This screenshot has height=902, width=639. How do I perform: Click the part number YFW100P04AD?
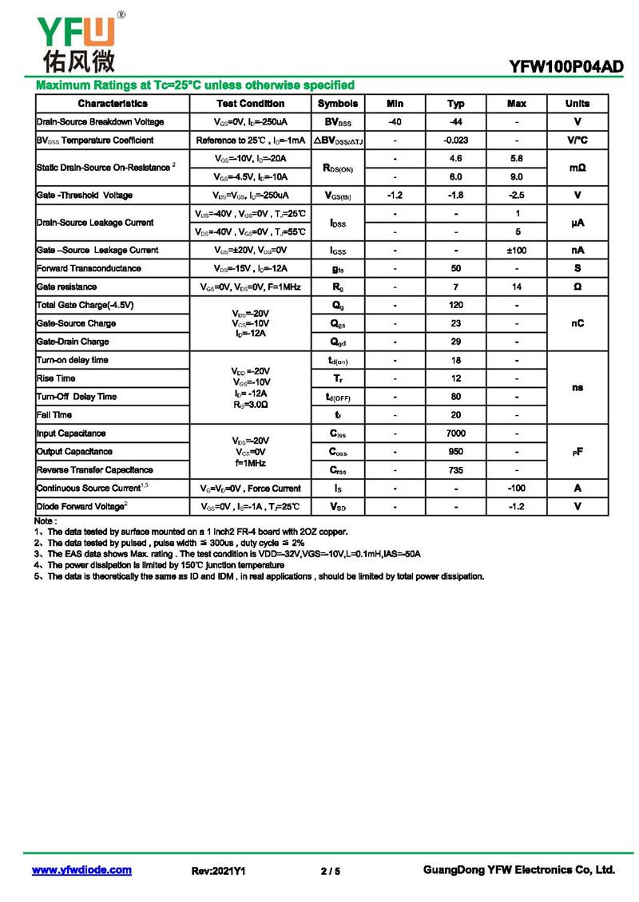[x=566, y=68]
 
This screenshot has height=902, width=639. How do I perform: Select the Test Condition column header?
[x=250, y=104]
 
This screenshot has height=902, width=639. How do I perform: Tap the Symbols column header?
[x=338, y=104]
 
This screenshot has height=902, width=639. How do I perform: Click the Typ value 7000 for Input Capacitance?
[x=456, y=433]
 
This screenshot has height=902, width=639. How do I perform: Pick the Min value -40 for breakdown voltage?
[x=395, y=122]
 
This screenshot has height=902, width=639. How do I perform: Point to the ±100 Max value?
[x=517, y=251]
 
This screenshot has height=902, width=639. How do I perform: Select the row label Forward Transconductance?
[x=89, y=269]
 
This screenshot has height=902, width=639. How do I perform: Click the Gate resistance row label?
[x=67, y=287]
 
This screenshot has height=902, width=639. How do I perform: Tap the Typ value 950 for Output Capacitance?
[x=456, y=452]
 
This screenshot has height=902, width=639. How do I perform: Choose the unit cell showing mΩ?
[x=577, y=168]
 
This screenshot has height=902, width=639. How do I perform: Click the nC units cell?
[x=577, y=323]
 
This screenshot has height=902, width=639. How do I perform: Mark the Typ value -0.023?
[x=456, y=140]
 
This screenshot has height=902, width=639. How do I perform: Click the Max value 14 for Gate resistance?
[x=517, y=287]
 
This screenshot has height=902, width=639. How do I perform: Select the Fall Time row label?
[x=54, y=415]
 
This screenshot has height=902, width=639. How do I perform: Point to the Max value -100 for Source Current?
[x=517, y=489]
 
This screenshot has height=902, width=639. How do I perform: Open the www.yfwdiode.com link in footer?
[x=81, y=870]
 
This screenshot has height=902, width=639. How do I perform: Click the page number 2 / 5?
[x=330, y=871]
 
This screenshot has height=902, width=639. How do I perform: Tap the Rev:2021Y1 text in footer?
[x=218, y=871]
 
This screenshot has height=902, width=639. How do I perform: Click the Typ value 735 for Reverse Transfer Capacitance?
[x=456, y=470]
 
